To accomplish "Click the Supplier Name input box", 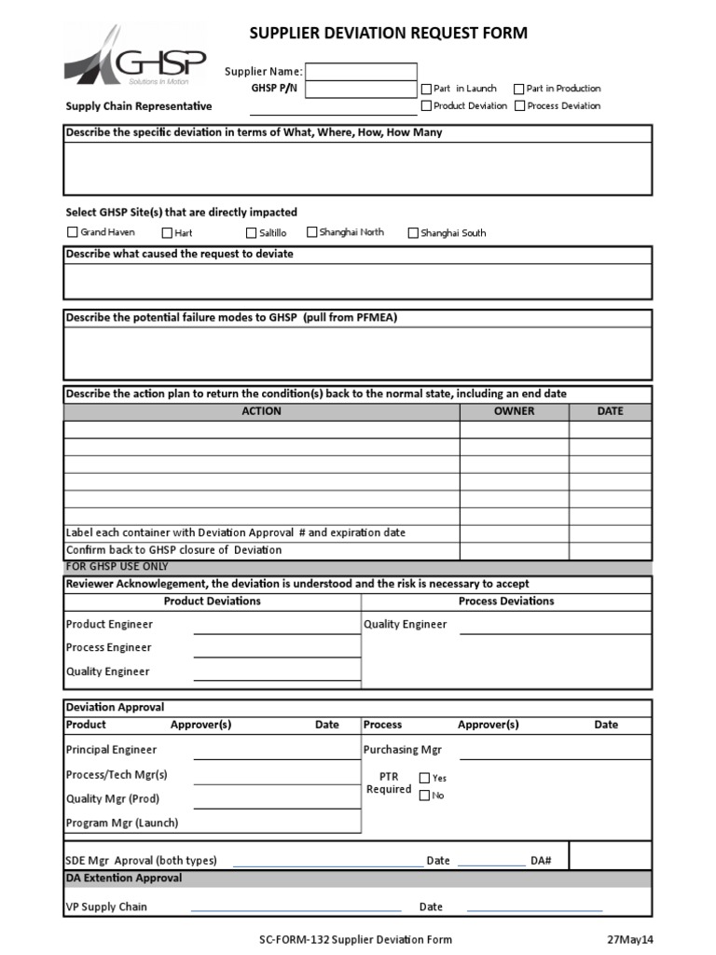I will click(361, 72).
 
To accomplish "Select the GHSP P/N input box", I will click(361, 90).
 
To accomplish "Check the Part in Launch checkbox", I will click(426, 89).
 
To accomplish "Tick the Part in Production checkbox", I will click(519, 89).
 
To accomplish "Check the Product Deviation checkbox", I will click(426, 105).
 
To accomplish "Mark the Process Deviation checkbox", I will click(519, 105).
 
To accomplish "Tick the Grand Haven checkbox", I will click(72, 232).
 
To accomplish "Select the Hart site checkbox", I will click(167, 233).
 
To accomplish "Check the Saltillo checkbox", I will click(252, 233).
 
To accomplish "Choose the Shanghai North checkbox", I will click(312, 232).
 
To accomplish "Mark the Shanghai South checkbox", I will click(413, 233).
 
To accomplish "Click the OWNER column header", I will click(514, 411).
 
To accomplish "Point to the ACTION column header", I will click(261, 411).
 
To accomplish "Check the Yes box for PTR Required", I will click(424, 778).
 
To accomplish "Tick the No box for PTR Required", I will click(424, 796).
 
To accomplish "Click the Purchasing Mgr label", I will click(402, 750).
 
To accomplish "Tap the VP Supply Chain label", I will click(106, 907).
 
